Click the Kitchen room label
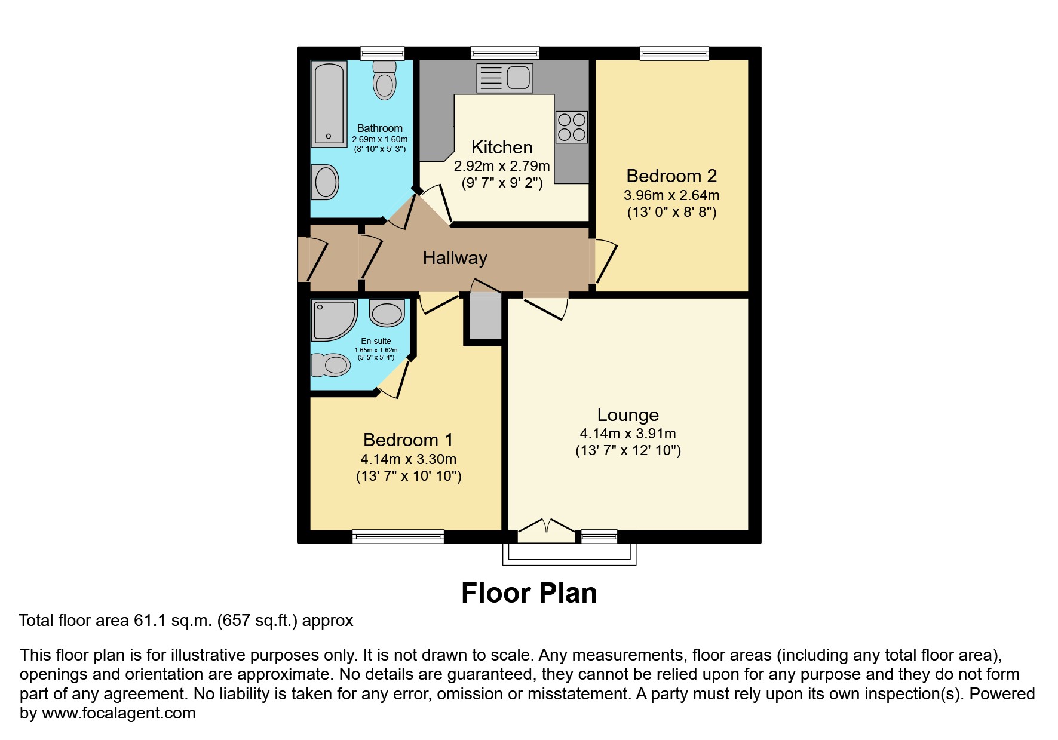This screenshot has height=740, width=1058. (x=501, y=148)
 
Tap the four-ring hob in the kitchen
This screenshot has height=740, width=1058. (x=572, y=127)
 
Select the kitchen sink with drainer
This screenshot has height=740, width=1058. (x=504, y=78)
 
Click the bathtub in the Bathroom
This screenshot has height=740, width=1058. (x=329, y=104)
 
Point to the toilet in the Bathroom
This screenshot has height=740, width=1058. (x=384, y=81)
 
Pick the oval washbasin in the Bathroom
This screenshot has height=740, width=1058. (x=326, y=182)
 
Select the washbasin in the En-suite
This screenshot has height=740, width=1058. (x=387, y=313)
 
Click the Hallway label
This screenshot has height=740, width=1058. (x=455, y=258)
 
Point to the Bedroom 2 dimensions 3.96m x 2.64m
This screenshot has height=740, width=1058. (x=671, y=195)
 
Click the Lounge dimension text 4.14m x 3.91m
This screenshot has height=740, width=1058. (x=627, y=434)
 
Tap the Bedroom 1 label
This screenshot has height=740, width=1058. (x=408, y=440)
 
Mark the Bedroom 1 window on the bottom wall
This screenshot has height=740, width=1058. (x=398, y=536)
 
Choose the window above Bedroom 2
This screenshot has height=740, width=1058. (x=674, y=54)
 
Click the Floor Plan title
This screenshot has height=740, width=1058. (x=529, y=593)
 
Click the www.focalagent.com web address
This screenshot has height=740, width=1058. (x=118, y=713)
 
